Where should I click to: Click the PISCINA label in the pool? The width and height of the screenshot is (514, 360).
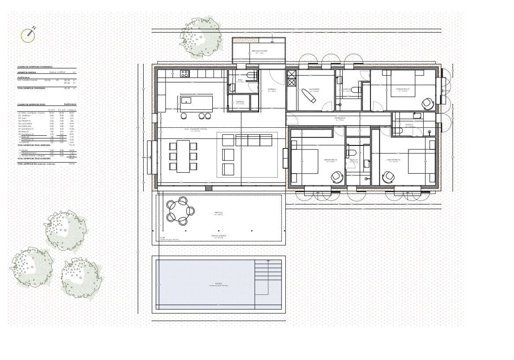click(x=218, y=284)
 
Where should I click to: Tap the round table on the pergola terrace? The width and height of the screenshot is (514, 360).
click(x=180, y=211)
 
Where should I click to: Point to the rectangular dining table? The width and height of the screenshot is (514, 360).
click(x=183, y=156)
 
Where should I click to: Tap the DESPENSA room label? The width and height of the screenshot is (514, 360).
click(x=240, y=101)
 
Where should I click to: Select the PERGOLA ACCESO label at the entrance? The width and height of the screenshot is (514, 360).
click(x=259, y=51)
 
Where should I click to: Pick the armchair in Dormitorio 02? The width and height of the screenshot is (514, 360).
click(x=388, y=176)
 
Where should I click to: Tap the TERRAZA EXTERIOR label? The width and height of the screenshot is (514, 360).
click(x=218, y=236)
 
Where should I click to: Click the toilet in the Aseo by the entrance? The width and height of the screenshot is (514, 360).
click(x=251, y=75)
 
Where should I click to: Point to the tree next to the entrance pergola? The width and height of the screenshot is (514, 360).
click(x=200, y=36)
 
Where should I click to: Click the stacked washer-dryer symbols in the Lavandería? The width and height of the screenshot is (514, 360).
click(x=292, y=78)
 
